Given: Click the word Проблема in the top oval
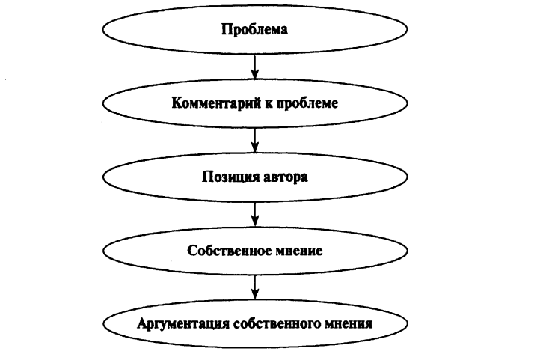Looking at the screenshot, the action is coord(254,29).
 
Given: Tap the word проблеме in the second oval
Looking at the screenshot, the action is coord(307,103).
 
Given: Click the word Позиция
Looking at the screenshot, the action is coord(230,177).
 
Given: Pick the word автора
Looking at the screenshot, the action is coord(286,177).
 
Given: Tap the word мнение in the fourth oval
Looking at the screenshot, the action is coord(299,251).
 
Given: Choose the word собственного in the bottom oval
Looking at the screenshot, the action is coord(277,324).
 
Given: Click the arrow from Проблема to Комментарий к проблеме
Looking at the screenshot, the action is coord(255,67).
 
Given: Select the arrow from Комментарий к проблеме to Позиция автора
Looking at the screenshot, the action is coord(255,140).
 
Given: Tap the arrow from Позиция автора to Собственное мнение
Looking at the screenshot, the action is coord(255,214).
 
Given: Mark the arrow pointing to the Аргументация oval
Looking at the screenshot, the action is coord(255,287).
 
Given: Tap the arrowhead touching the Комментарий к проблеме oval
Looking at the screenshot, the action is coord(255,74).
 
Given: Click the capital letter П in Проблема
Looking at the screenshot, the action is coord(227,29).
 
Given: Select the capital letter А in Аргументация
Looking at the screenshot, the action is coord(142,323).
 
